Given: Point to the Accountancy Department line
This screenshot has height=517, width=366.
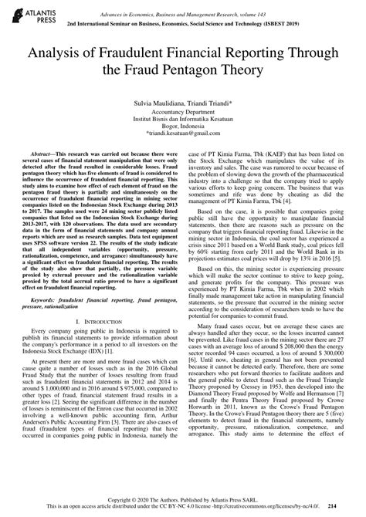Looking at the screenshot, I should click(x=183, y=113).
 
